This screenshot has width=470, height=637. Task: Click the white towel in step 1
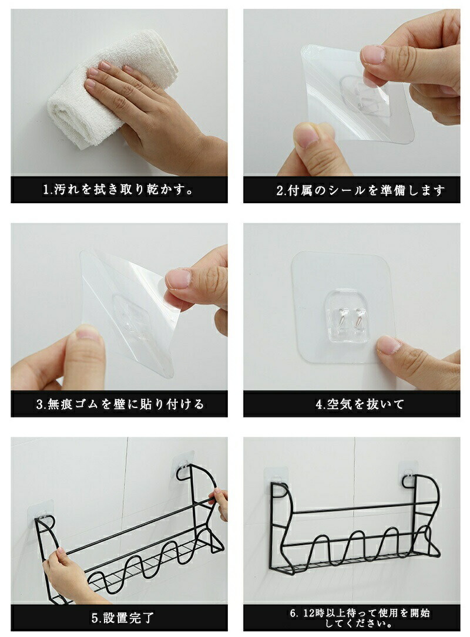[93, 97]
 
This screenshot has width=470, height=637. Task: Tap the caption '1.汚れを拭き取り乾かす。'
[119, 189]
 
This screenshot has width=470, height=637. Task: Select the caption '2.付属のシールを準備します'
[360, 190]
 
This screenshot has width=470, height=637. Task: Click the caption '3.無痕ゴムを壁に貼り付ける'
[120, 405]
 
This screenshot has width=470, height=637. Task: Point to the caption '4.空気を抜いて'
[360, 405]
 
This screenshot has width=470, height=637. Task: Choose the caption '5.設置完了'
[123, 618]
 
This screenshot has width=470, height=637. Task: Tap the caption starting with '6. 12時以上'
[360, 618]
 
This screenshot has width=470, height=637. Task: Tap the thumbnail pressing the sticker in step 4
[389, 345]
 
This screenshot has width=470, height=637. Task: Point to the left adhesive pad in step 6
[277, 481]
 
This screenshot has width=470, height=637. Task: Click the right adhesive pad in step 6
[408, 473]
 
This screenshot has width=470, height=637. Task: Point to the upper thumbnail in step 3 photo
[179, 278]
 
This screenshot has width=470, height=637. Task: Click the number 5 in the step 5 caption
[95, 618]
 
